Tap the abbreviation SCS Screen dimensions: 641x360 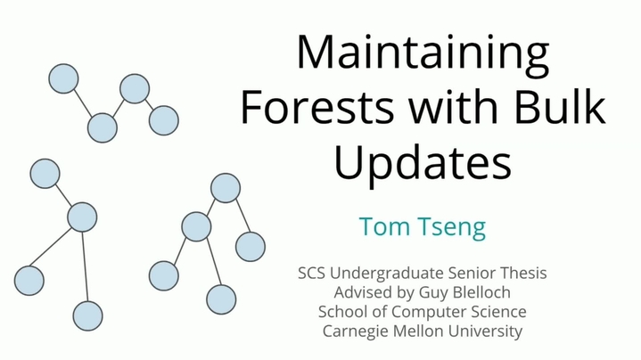click(x=311, y=273)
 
